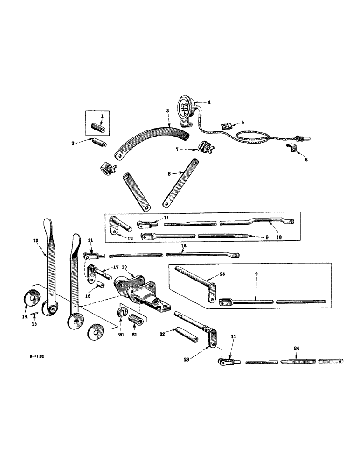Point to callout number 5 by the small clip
pyautogui.click(x=242, y=123)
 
